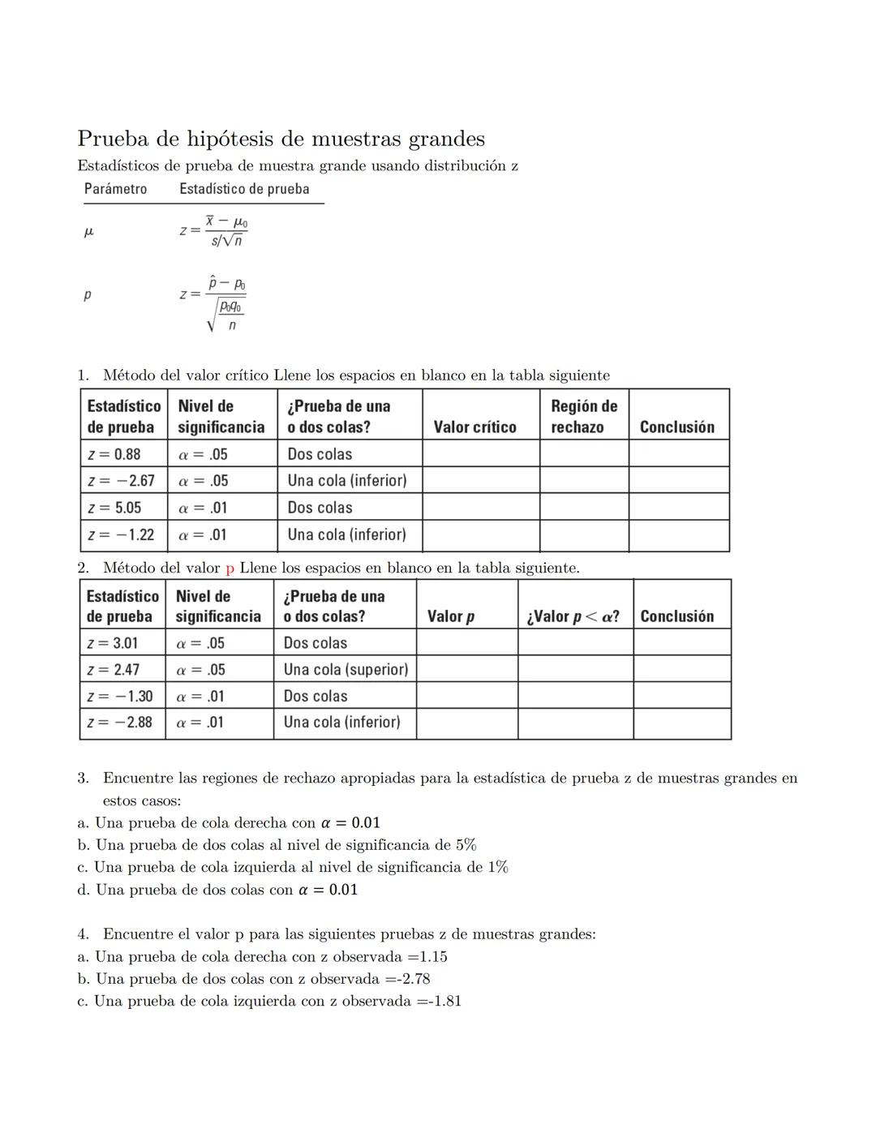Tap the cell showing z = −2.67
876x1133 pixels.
[122, 481]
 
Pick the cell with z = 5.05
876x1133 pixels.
[114, 508]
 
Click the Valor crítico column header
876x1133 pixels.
[474, 427]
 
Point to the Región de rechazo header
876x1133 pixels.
[583, 416]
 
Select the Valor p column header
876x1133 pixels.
[451, 616]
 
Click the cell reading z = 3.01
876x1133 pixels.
[113, 643]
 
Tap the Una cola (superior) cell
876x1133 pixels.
[346, 670]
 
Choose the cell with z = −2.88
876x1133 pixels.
[120, 723]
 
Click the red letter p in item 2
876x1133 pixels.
[230, 569]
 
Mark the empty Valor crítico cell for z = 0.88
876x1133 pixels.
[480, 454]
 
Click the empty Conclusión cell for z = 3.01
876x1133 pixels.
[681, 643]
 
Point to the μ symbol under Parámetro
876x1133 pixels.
[89, 232]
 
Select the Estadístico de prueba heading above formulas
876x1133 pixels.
[244, 189]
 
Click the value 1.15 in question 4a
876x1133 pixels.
[433, 957]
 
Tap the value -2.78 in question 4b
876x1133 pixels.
[411, 979]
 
